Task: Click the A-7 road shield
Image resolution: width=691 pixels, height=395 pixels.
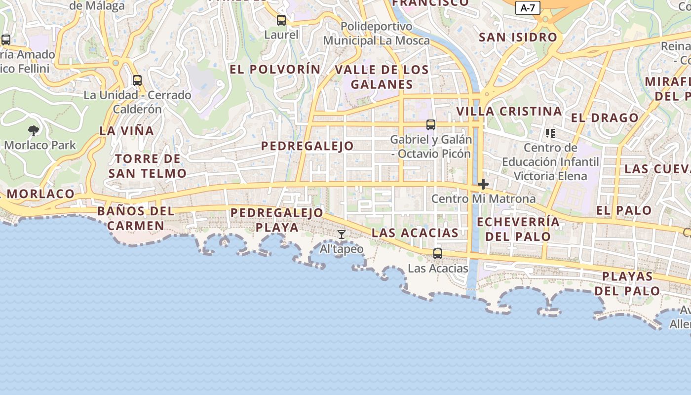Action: click(528, 8)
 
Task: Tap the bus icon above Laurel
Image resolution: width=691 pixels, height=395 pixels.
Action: click(281, 20)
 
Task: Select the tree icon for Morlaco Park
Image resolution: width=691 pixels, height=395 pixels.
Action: click(34, 131)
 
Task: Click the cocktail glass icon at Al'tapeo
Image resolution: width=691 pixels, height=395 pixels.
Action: click(341, 234)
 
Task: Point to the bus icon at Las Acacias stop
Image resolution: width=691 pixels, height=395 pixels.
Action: click(438, 254)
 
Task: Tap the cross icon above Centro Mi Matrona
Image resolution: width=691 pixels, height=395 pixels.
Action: click(483, 185)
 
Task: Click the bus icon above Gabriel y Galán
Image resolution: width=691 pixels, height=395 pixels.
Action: click(431, 125)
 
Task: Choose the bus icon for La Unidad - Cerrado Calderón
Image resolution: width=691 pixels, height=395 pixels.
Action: click(137, 80)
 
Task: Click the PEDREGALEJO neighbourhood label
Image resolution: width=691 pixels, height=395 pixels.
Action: click(307, 146)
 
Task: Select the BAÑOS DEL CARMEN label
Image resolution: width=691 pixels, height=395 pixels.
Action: click(136, 218)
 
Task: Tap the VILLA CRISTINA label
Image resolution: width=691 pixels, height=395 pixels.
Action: click(509, 112)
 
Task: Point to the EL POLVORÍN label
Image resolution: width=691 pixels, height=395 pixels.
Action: click(275, 70)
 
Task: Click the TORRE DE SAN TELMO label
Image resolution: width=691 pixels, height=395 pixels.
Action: click(148, 166)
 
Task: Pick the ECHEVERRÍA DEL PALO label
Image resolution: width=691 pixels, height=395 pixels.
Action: click(518, 229)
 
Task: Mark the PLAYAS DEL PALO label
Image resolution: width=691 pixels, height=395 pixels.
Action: click(627, 283)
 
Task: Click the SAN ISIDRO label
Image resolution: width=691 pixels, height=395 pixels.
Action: click(518, 38)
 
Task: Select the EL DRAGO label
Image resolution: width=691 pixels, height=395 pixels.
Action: click(605, 118)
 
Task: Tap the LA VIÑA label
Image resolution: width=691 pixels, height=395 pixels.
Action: click(127, 131)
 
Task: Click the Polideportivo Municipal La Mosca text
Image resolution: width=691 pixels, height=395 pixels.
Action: click(377, 34)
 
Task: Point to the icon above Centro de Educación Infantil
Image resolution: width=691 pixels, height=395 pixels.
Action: click(550, 133)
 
